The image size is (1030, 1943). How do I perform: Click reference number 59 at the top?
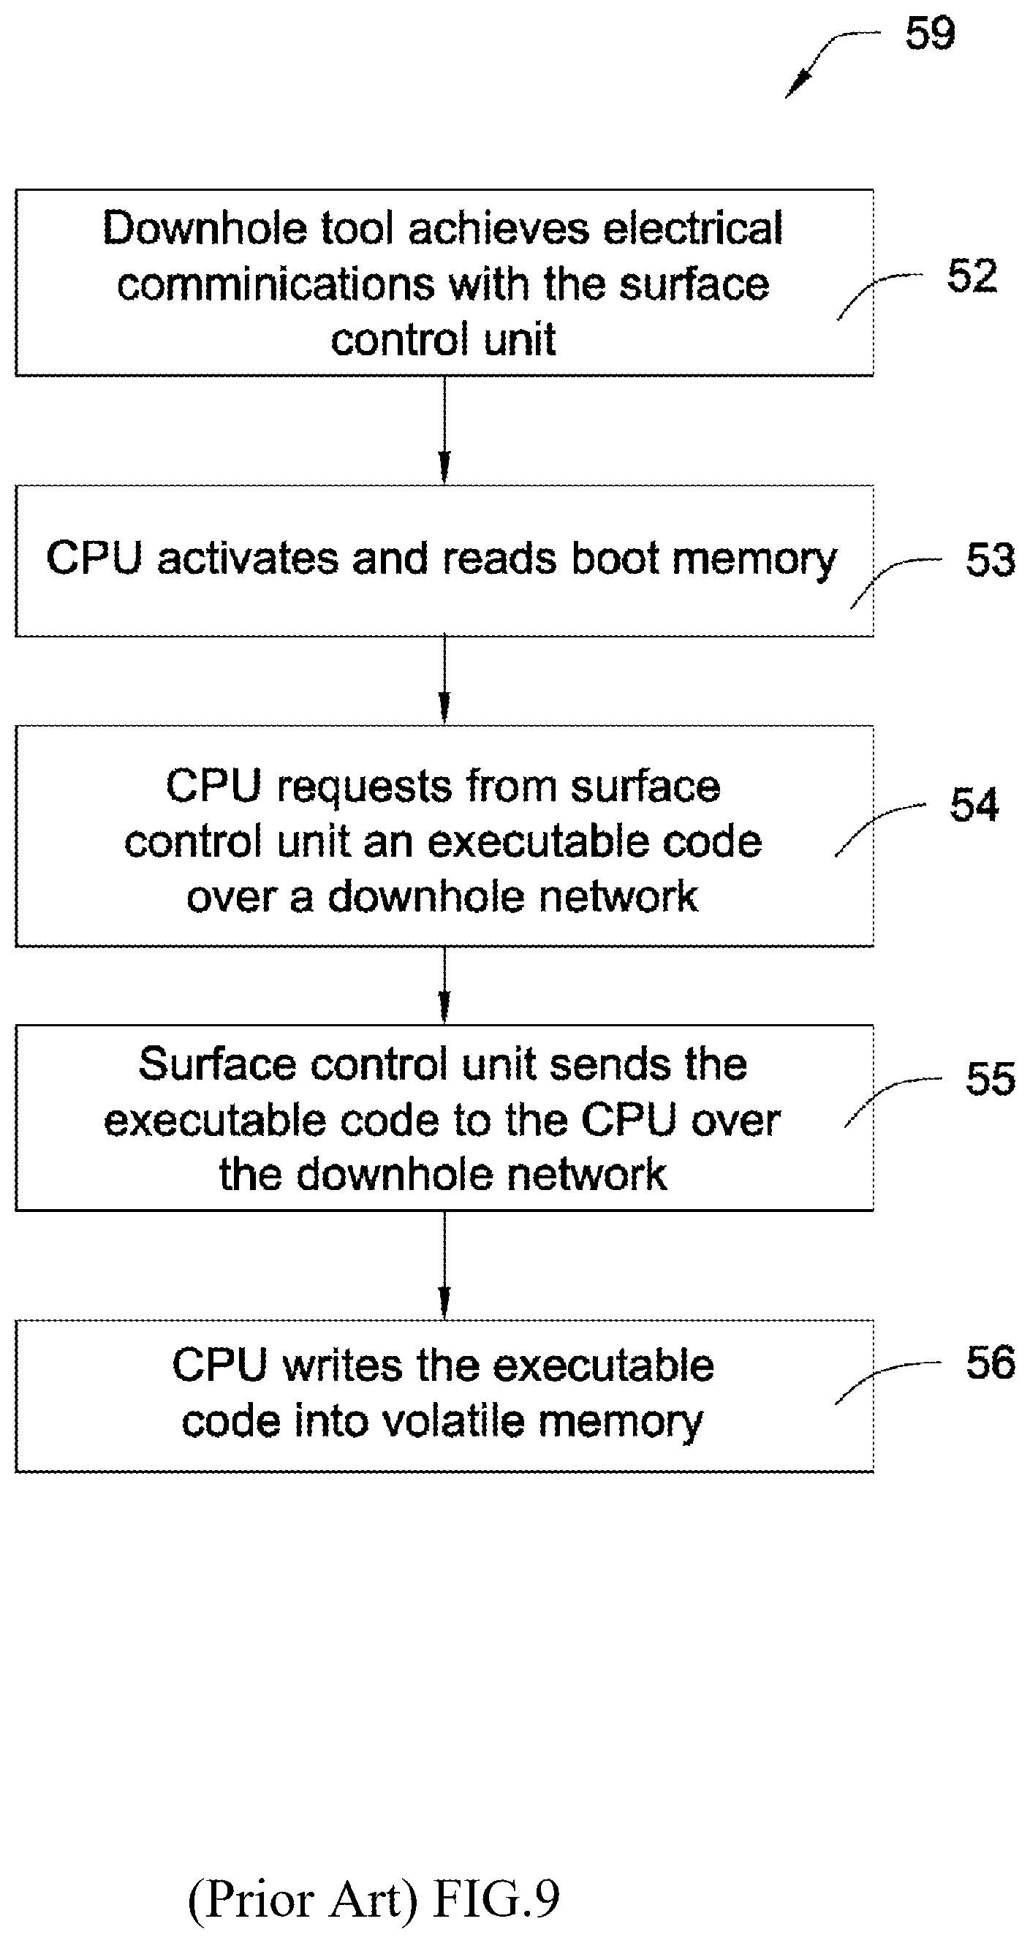pyautogui.click(x=930, y=34)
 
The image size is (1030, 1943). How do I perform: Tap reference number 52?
pyautogui.click(x=972, y=276)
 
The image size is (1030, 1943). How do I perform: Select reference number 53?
pyautogui.click(x=991, y=561)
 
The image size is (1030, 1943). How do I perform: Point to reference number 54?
pyautogui.click(x=974, y=805)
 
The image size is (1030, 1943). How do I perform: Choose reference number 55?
pyautogui.click(x=991, y=1080)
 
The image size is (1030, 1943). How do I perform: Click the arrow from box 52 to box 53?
pyautogui.click(x=444, y=430)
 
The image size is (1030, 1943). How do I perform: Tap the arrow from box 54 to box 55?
pyautogui.click(x=444, y=985)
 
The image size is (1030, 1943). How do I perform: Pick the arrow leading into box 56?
pyautogui.click(x=444, y=1265)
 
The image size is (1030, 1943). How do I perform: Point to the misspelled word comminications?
pyautogui.click(x=276, y=284)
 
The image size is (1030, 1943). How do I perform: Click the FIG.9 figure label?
pyautogui.click(x=497, y=1898)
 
